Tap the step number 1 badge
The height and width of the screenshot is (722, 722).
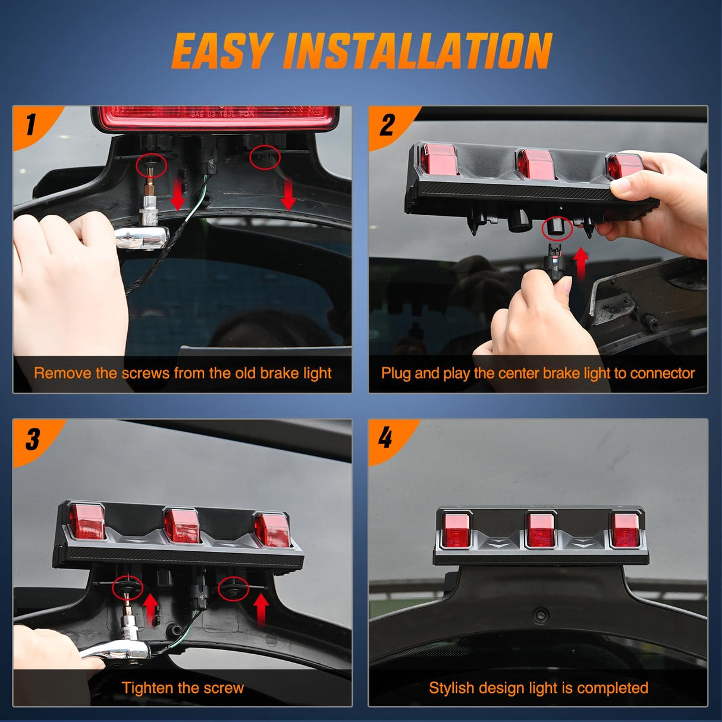click(32, 125)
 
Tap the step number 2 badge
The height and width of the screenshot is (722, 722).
click(387, 125)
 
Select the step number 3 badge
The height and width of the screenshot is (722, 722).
click(32, 440)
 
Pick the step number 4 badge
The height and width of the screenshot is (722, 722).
click(386, 438)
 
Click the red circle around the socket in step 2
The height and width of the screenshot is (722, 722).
click(557, 228)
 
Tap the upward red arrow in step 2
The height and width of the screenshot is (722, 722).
click(580, 263)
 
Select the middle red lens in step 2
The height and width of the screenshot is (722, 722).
click(536, 164)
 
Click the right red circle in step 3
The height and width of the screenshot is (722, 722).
click(233, 588)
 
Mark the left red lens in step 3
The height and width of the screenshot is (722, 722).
click(87, 522)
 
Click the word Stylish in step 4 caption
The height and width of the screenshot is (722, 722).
click(451, 688)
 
